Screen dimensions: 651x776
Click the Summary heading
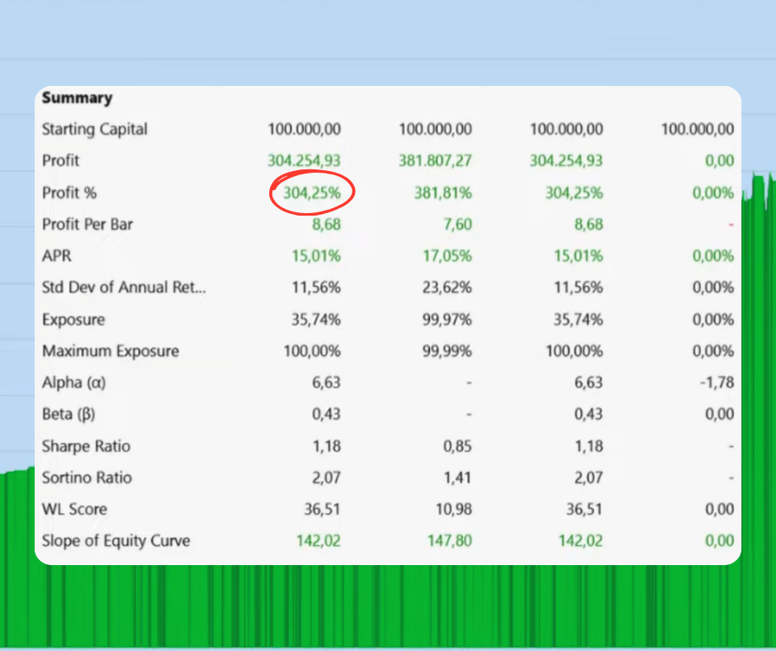click(x=77, y=97)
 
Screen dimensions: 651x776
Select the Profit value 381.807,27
click(x=435, y=160)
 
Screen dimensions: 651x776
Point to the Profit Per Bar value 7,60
click(x=456, y=224)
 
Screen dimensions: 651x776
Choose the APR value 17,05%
click(x=447, y=256)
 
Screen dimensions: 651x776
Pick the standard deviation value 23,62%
click(x=447, y=287)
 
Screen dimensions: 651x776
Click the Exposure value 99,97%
click(x=447, y=320)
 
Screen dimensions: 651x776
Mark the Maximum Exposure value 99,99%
click(x=447, y=351)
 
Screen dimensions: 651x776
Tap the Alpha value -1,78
click(x=715, y=383)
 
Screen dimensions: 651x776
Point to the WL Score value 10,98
click(x=452, y=510)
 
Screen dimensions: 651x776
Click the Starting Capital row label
click(x=95, y=129)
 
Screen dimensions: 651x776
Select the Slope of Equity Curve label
click(x=116, y=541)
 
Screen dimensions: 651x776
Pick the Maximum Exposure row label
click(x=111, y=351)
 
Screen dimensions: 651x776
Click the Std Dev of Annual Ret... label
click(x=124, y=287)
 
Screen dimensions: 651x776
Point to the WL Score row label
click(x=74, y=510)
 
